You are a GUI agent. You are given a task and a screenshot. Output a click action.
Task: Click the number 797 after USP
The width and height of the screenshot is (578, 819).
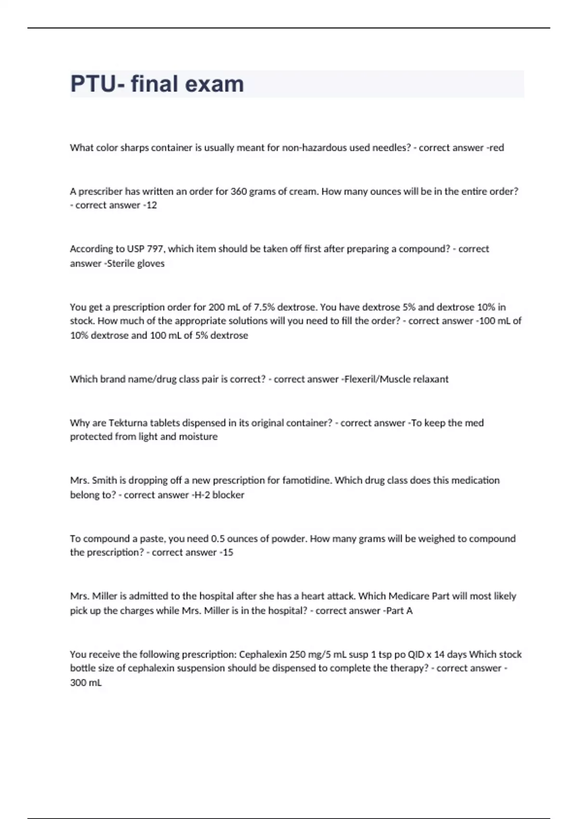click(x=152, y=249)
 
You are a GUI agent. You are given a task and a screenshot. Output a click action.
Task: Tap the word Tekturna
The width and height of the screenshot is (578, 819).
click(x=128, y=423)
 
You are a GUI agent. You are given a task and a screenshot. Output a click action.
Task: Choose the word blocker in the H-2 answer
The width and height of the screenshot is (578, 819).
click(x=228, y=495)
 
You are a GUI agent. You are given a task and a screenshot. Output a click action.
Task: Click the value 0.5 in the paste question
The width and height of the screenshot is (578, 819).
click(x=218, y=539)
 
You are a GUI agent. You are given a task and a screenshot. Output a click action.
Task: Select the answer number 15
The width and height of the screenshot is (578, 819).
click(x=227, y=553)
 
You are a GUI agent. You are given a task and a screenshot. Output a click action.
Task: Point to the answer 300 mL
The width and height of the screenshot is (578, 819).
click(x=86, y=683)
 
